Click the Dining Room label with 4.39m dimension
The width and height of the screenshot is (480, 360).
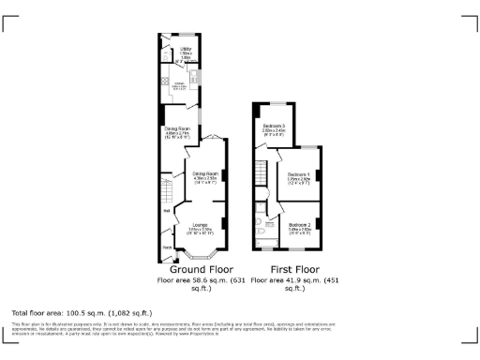(x=205, y=173)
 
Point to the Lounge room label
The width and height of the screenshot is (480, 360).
(x=200, y=225)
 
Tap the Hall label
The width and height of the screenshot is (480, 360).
(x=166, y=210)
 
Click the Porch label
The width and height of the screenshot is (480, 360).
(x=167, y=247)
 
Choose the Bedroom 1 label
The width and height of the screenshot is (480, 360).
(x=298, y=175)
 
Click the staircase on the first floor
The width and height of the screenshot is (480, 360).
(x=262, y=172)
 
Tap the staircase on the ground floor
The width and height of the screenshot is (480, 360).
(x=167, y=192)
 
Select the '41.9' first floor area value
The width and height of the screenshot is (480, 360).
(x=298, y=279)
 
